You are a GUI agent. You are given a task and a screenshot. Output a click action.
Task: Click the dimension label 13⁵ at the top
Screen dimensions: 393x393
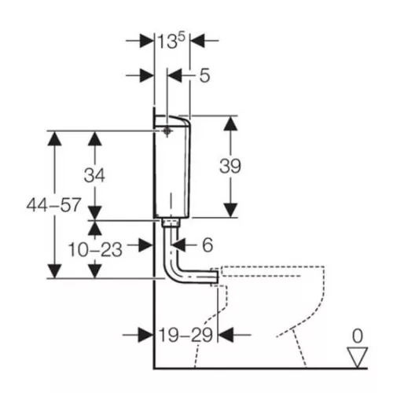tap(171, 41)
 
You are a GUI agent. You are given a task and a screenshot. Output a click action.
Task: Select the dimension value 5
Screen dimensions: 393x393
tap(204, 75)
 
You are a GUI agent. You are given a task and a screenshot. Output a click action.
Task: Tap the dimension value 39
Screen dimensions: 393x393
tap(230, 166)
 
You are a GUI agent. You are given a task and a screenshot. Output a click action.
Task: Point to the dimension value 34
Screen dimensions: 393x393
tap(94, 175)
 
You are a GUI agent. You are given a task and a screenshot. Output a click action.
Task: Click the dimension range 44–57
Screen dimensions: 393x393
tap(53, 205)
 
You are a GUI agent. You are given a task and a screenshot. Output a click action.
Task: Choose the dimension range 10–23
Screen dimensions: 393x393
tap(95, 249)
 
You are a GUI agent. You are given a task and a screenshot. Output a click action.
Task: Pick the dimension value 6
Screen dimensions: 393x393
tap(208, 245)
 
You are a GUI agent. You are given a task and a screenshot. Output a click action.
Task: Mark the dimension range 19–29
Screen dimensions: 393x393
tap(185, 335)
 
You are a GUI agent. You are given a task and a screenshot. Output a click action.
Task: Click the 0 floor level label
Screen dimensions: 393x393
tap(358, 336)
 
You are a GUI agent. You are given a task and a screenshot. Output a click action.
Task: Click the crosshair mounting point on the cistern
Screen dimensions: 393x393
tap(167, 131)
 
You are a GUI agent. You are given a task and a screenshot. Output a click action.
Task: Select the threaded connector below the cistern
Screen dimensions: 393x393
tap(171, 222)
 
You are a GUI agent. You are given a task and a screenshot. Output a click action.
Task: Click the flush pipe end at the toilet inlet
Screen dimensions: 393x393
tap(215, 277)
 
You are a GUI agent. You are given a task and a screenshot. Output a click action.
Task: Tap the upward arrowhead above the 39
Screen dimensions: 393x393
tap(230, 123)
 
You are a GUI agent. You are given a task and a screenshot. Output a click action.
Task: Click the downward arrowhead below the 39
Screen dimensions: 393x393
tap(230, 210)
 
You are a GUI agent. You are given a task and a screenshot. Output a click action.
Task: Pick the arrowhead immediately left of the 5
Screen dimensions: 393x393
tap(174, 75)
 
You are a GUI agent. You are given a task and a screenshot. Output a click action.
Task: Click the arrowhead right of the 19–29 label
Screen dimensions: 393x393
tap(226, 335)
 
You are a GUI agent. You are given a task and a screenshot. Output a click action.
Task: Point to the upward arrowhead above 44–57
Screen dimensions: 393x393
tap(54, 138)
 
